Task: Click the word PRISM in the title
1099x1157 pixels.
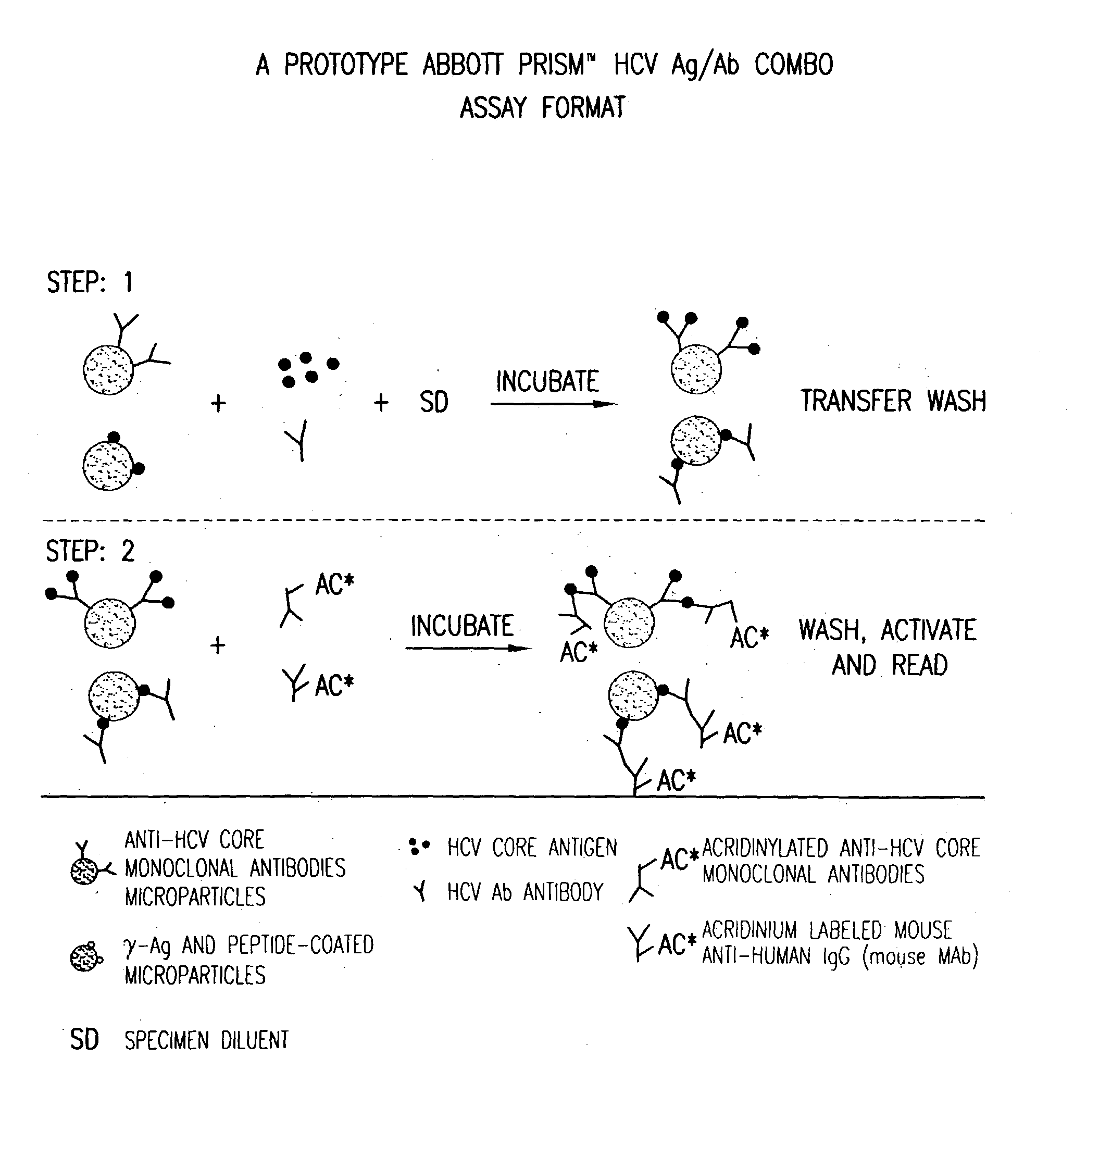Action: [551, 65]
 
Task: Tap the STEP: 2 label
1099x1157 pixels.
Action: [90, 551]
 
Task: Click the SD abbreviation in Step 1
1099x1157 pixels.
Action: [433, 403]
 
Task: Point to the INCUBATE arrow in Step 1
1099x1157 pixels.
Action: [553, 404]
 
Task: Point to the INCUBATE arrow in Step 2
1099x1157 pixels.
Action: [468, 648]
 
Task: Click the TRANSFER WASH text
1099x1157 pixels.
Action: [893, 401]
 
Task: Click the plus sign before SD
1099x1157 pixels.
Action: [381, 403]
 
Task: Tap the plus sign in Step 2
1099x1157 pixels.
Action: [217, 645]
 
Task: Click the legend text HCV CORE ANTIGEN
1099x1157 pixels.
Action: [532, 848]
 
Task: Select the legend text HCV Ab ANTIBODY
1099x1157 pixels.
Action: [525, 892]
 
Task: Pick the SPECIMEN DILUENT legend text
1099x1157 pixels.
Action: [206, 1040]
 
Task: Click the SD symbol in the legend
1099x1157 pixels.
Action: [84, 1040]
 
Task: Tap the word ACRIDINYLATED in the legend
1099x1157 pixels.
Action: [765, 848]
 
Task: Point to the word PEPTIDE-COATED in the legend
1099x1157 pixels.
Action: [301, 945]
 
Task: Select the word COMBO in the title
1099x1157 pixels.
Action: [793, 65]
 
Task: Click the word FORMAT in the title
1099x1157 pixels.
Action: [583, 108]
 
